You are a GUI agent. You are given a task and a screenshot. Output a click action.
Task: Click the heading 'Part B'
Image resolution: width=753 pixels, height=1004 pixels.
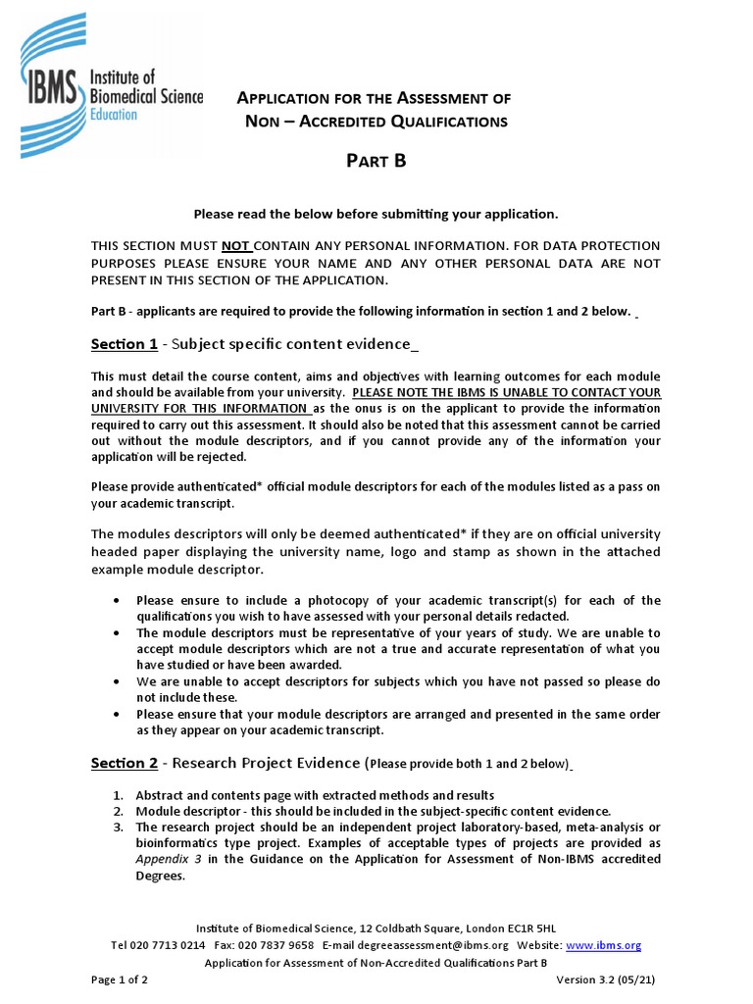[x=376, y=162]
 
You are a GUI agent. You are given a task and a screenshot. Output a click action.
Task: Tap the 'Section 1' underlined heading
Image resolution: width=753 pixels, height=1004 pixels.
[x=125, y=344]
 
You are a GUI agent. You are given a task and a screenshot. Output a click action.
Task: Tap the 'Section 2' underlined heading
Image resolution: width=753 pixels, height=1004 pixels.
[x=125, y=763]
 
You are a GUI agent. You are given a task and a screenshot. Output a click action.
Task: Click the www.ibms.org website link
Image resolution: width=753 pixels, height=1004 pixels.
[x=603, y=945]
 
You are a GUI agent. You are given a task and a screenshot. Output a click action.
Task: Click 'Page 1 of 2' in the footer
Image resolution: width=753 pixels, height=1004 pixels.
[x=120, y=979]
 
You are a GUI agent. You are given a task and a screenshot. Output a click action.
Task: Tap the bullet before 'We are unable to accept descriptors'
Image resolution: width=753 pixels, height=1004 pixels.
[x=118, y=681]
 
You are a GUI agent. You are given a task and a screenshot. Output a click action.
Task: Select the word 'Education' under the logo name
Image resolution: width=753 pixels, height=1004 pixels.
[x=114, y=115]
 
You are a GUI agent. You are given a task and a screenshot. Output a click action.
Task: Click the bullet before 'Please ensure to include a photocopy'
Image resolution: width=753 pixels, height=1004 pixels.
[x=118, y=600]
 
